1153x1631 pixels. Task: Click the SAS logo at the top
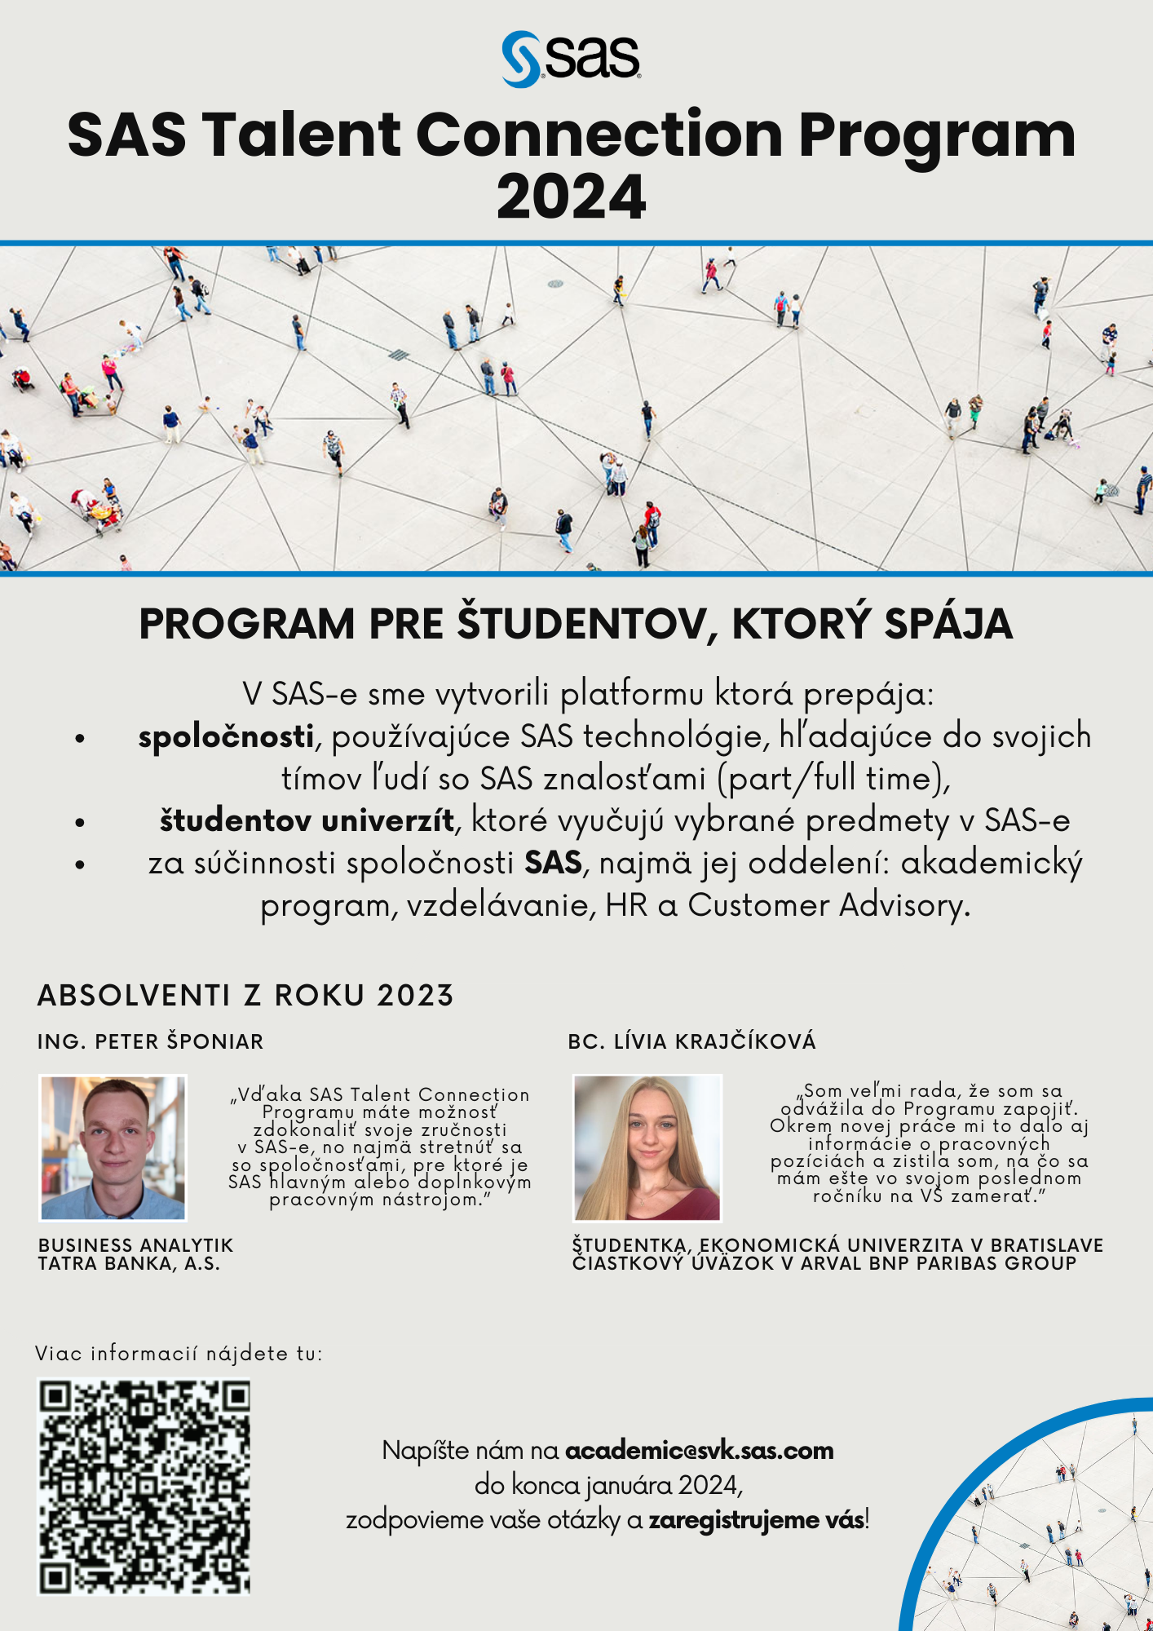(x=571, y=58)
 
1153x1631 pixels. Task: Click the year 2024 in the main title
(x=571, y=197)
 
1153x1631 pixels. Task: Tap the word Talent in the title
(x=301, y=135)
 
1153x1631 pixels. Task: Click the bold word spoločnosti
(x=226, y=736)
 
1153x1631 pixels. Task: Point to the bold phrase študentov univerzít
(x=307, y=820)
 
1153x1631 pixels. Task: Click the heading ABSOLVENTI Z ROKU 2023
(x=245, y=996)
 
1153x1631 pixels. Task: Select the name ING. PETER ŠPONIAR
(x=151, y=1041)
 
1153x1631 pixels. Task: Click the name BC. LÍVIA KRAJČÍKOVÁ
(x=691, y=1041)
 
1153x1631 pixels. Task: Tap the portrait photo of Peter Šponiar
(x=113, y=1147)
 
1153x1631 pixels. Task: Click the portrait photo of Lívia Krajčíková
(x=647, y=1147)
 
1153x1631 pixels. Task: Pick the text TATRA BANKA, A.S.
(x=129, y=1264)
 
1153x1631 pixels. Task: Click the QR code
(x=144, y=1487)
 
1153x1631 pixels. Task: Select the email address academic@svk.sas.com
(x=699, y=1451)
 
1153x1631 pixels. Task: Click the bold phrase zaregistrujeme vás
(x=756, y=1520)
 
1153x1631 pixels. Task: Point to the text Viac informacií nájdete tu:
(x=179, y=1354)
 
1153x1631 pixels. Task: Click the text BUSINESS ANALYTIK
(x=135, y=1245)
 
